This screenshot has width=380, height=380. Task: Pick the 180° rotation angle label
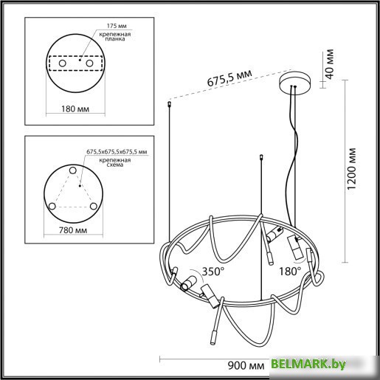point(290,271)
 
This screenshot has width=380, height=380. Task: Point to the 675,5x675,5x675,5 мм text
point(117,152)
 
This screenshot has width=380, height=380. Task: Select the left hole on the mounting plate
point(61,65)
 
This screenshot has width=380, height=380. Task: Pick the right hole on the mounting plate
point(91,65)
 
